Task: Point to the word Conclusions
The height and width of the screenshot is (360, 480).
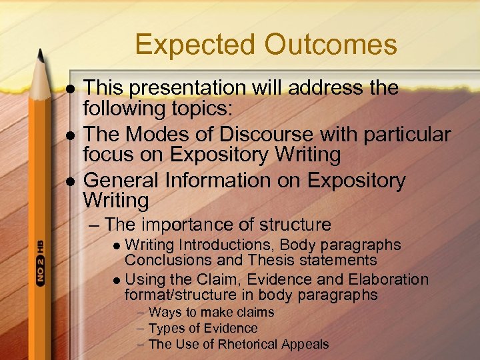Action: (167, 260)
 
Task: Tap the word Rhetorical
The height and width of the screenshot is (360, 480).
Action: (254, 345)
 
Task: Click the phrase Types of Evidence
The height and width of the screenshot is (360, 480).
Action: (203, 328)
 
